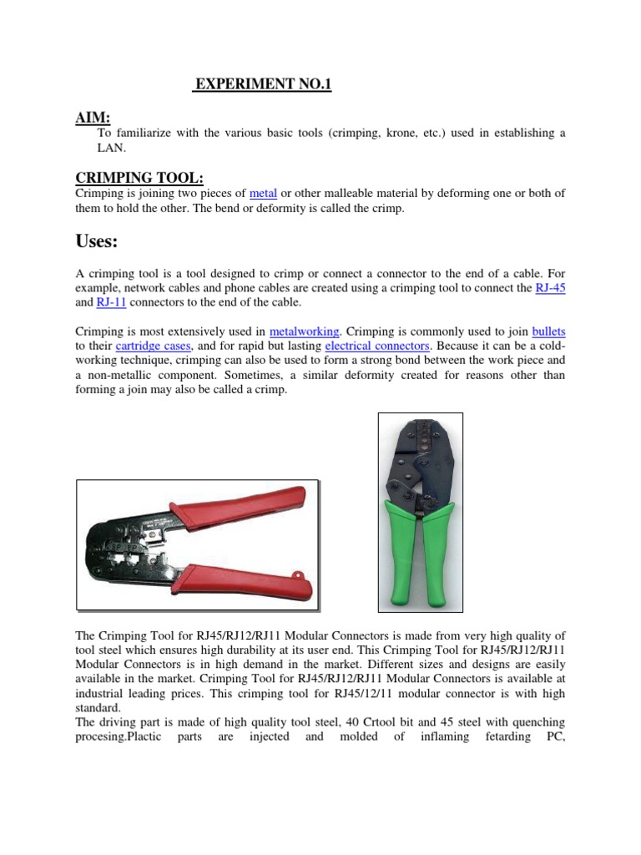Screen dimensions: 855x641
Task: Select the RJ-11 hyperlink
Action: tap(110, 303)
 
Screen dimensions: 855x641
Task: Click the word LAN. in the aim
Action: tap(111, 148)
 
